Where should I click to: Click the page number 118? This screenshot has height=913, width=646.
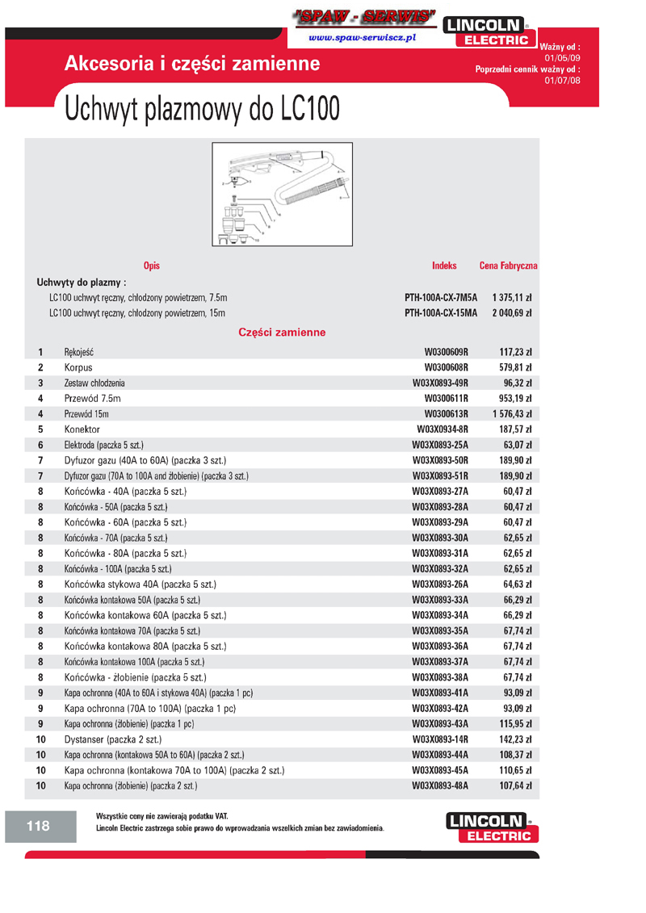click(38, 826)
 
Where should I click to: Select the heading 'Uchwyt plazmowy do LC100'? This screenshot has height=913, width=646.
click(202, 109)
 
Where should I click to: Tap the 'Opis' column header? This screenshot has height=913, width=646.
click(151, 266)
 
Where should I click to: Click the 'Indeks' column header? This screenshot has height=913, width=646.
click(444, 266)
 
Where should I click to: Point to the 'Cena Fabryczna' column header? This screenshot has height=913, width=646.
click(508, 266)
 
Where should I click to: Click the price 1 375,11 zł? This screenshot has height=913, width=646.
click(511, 297)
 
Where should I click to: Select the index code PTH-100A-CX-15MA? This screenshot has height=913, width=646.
click(441, 312)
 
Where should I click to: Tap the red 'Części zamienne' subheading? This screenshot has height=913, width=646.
click(282, 332)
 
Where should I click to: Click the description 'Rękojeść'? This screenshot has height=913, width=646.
click(84, 353)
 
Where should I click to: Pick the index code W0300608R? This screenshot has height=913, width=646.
click(447, 368)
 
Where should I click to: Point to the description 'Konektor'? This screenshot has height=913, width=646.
click(82, 429)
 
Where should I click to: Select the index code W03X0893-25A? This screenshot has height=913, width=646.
click(440, 445)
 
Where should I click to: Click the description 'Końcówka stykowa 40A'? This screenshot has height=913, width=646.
click(141, 584)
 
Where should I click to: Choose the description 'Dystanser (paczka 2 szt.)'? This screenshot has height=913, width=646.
click(113, 739)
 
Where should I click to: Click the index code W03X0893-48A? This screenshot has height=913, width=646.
click(440, 785)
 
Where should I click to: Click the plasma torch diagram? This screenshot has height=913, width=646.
click(282, 194)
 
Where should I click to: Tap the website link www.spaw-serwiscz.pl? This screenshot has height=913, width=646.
click(362, 38)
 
